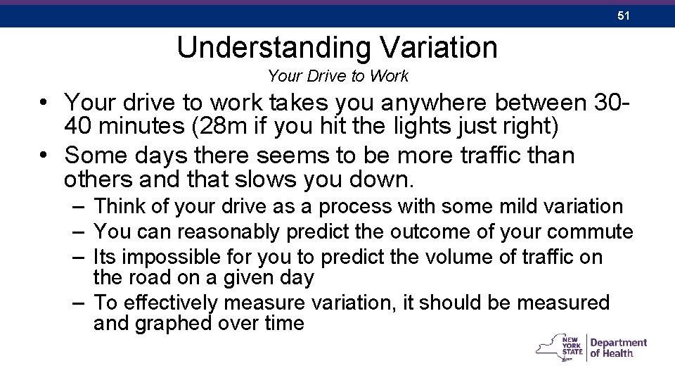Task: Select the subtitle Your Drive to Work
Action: (x=338, y=75)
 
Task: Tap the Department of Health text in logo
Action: (x=618, y=348)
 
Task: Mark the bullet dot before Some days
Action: (x=44, y=155)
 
